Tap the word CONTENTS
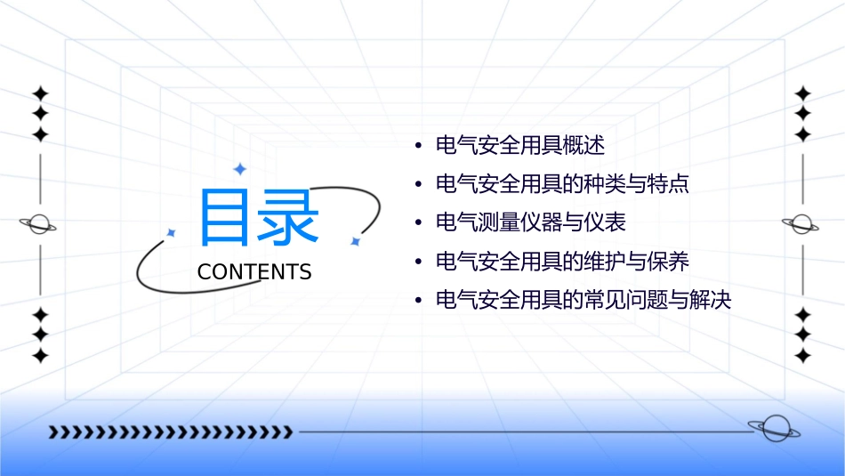coord(254,272)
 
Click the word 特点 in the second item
coord(668,184)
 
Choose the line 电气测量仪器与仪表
coord(536,222)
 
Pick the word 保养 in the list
coord(668,262)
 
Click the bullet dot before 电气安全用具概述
coord(418,146)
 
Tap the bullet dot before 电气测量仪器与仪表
coord(418,223)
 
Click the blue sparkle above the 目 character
coord(239,168)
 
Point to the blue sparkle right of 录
coord(355,241)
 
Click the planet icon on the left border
coord(39,224)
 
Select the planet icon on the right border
coord(802,224)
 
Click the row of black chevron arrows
coord(170,432)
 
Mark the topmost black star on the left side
coord(39,93)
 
